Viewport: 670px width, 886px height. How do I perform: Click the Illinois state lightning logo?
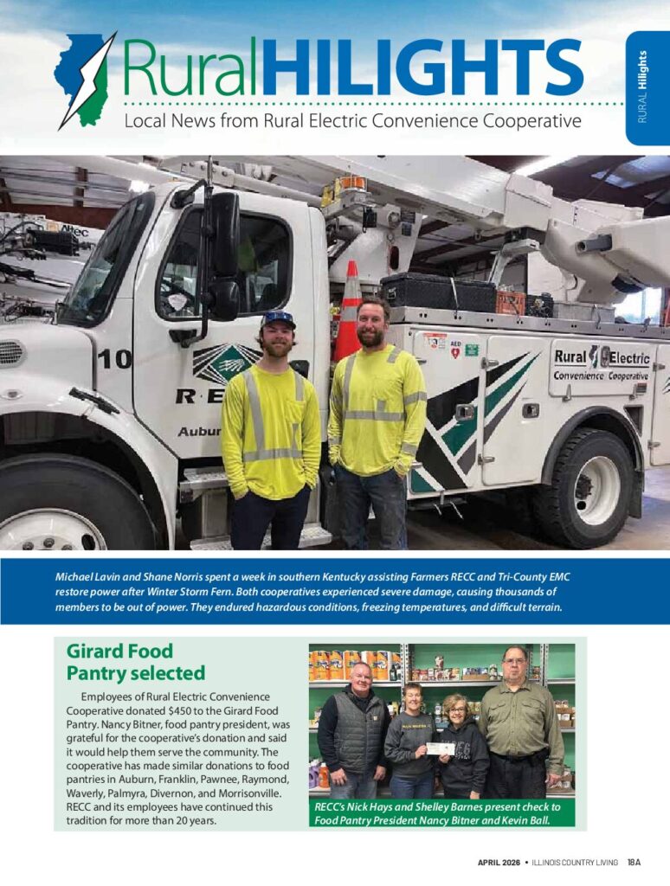[85, 78]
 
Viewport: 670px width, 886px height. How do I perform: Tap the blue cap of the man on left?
[278, 320]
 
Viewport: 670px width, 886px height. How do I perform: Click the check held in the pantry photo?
[440, 748]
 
